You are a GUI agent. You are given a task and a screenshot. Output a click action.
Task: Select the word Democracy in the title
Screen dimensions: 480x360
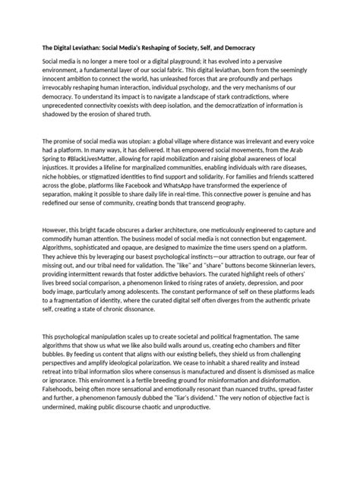pyautogui.click(x=234, y=47)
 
